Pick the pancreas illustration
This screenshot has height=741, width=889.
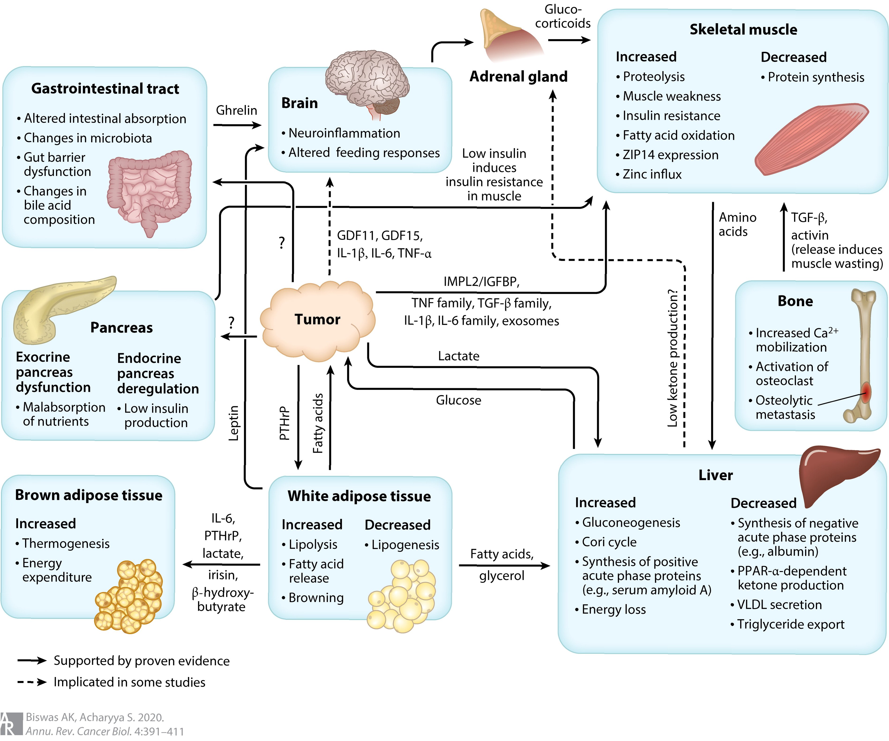point(55,307)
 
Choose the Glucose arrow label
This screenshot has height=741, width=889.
point(459,400)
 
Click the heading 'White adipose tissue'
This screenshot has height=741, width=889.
point(359,496)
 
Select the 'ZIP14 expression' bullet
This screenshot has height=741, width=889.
point(670,155)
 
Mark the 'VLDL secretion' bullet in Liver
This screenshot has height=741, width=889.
point(779,605)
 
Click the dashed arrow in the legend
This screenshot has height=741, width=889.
point(32,682)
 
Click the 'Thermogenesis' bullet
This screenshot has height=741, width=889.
point(66,543)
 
